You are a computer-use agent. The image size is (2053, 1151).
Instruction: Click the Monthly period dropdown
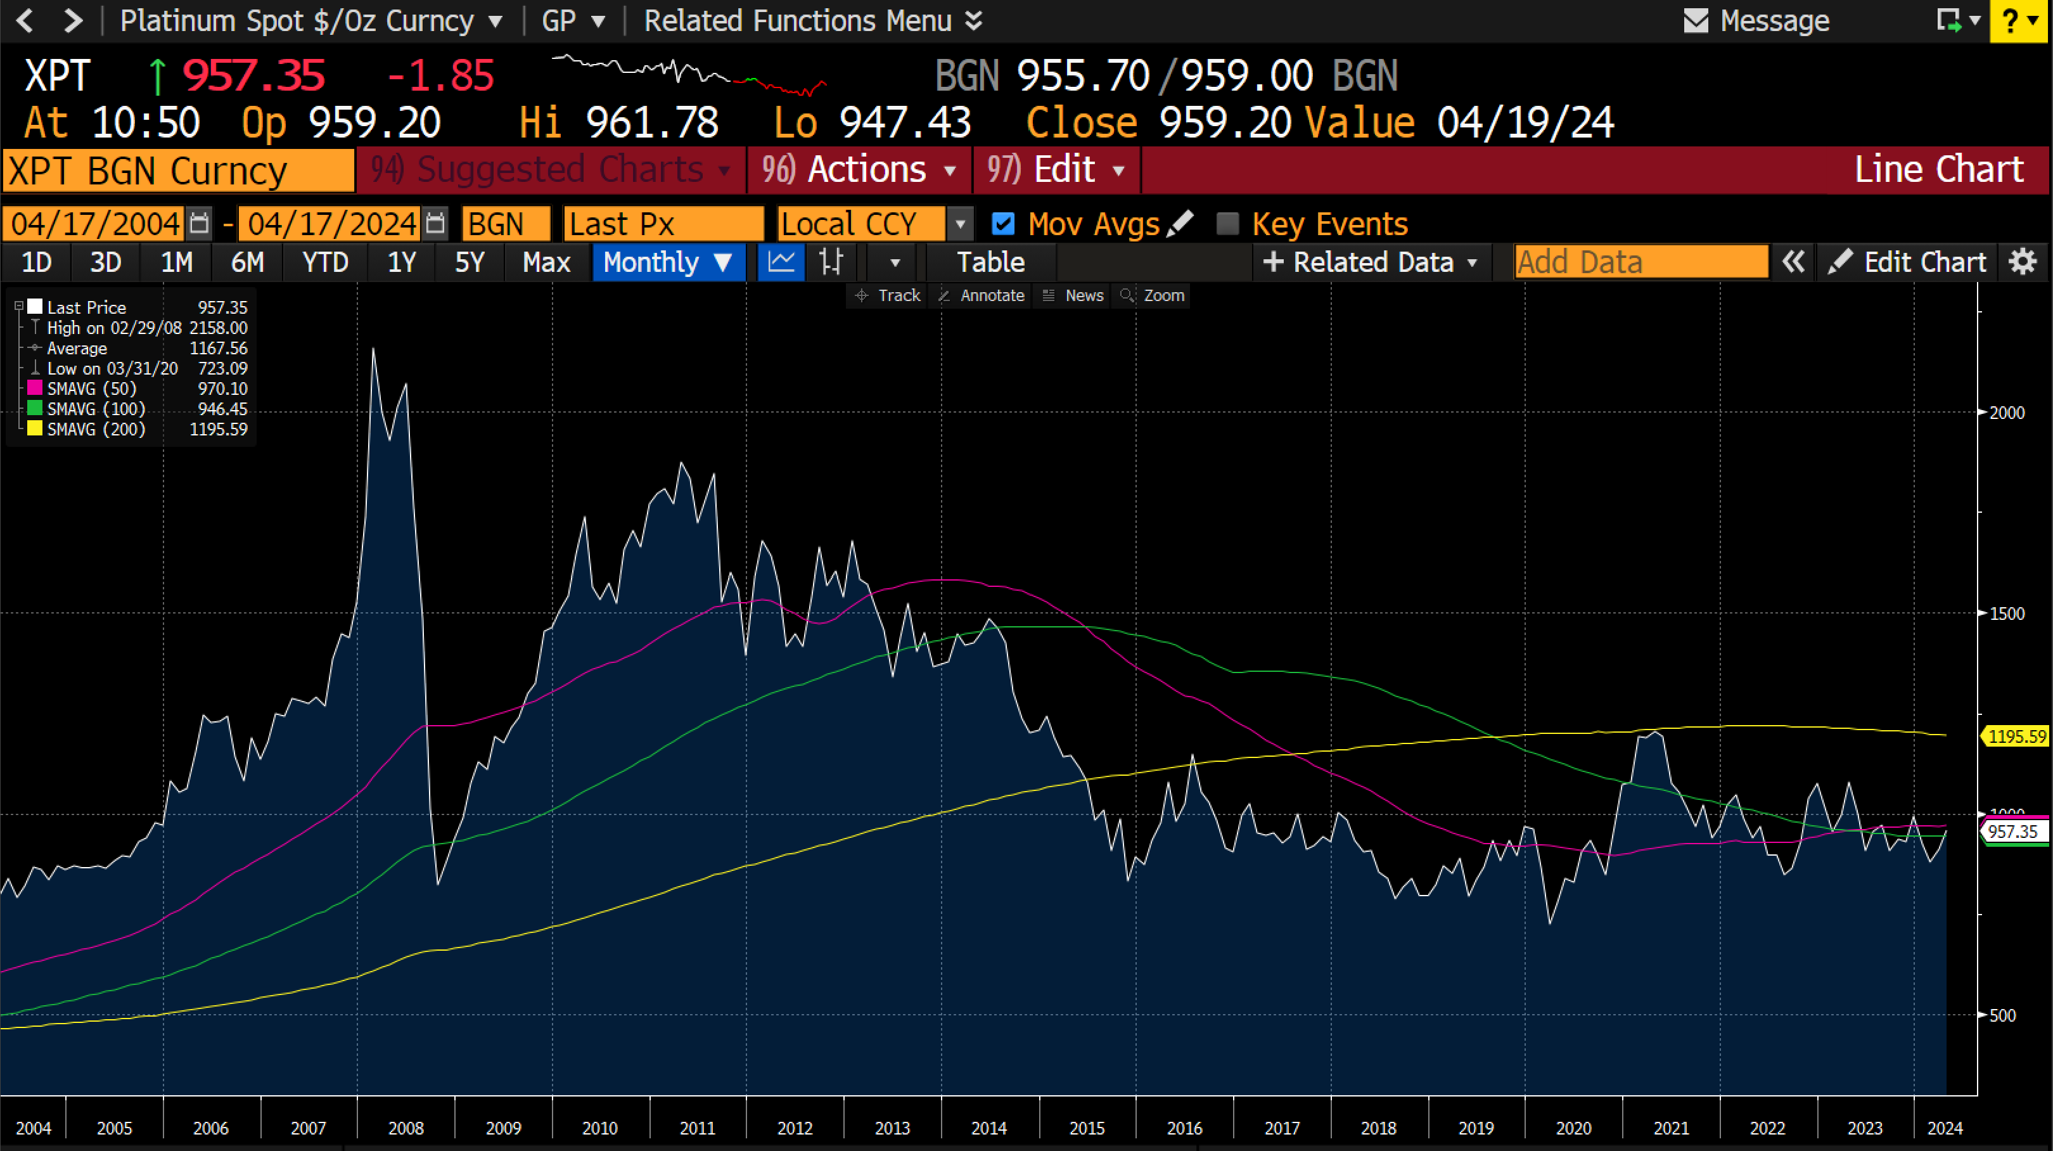pyautogui.click(x=668, y=262)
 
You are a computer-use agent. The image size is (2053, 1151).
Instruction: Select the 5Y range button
pyautogui.click(x=470, y=262)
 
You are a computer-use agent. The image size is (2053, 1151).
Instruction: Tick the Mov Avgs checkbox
pyautogui.click(x=1002, y=224)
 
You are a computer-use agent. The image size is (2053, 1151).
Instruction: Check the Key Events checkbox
pyautogui.click(x=1228, y=224)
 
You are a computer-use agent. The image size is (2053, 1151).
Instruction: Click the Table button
pyautogui.click(x=990, y=262)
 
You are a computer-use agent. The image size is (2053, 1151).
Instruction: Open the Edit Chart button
pyautogui.click(x=1908, y=262)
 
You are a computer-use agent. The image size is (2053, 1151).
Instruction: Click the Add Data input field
pyautogui.click(x=1640, y=262)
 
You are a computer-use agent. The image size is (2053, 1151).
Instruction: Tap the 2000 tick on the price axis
pyautogui.click(x=2006, y=413)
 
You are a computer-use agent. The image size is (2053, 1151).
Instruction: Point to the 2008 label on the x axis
pyautogui.click(x=406, y=1128)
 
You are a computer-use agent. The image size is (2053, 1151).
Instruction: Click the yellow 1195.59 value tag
pyautogui.click(x=2016, y=736)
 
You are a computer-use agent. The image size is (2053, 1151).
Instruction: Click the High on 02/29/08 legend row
pyautogui.click(x=114, y=328)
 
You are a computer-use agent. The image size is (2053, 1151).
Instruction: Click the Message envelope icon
pyautogui.click(x=1695, y=21)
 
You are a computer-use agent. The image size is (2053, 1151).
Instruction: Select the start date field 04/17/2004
pyautogui.click(x=95, y=224)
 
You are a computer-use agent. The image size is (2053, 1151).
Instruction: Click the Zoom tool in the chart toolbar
pyautogui.click(x=1154, y=296)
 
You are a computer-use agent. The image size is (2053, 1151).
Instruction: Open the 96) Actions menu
pyautogui.click(x=859, y=170)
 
